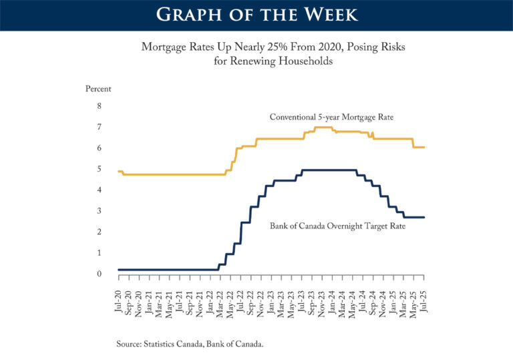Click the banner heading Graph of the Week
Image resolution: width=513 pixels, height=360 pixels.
click(256, 15)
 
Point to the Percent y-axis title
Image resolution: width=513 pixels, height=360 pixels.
click(98, 89)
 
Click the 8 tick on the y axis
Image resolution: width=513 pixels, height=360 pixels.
click(100, 106)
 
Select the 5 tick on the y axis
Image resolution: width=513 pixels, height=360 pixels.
click(100, 169)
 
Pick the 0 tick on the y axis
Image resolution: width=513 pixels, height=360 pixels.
click(100, 274)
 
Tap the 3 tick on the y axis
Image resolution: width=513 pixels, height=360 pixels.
click(100, 211)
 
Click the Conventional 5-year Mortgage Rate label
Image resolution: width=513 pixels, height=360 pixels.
click(331, 117)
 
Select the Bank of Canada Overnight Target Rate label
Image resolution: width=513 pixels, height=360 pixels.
click(338, 226)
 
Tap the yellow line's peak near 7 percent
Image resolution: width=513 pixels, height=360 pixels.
click(323, 127)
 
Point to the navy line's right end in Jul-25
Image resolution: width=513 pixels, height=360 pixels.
click(424, 217)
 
